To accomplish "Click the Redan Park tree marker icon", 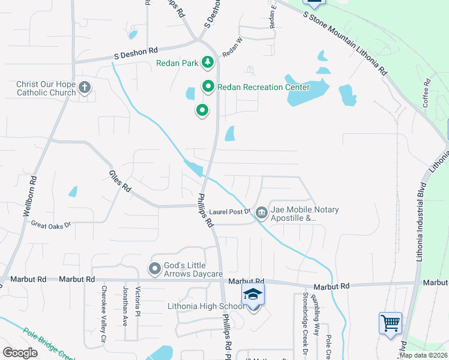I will [207, 62].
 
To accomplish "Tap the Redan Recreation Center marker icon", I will [208, 87].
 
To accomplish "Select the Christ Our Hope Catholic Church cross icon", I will [85, 88].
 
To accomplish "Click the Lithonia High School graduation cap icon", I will [253, 295].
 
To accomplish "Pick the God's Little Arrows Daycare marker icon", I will [154, 269].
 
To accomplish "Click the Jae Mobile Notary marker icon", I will [262, 212].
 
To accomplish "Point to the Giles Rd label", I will [120, 181].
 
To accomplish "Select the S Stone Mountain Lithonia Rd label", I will [345, 41].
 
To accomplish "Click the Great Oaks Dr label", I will [51, 224].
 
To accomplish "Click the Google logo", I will [20, 353].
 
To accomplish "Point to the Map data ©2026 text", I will [423, 355].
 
